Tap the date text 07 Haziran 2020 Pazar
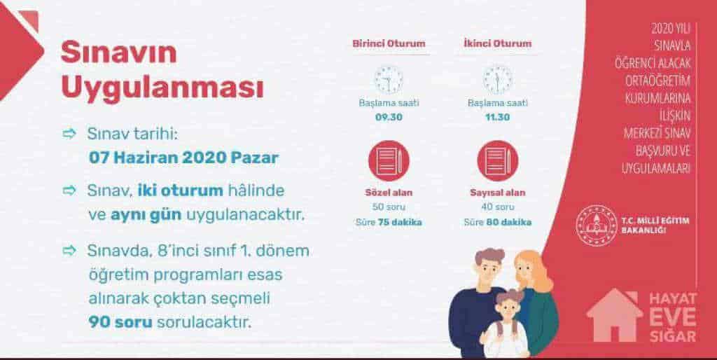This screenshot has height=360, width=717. (184, 158)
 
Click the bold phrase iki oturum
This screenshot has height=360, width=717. (181, 191)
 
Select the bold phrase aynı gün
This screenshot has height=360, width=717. (146, 215)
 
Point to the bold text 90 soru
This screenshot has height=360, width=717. (120, 322)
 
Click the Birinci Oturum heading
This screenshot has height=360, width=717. (389, 44)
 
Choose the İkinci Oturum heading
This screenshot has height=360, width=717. (498, 44)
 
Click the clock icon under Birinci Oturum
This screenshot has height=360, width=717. (389, 80)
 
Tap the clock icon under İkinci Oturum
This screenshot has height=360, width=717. (498, 80)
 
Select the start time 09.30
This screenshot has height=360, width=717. (389, 117)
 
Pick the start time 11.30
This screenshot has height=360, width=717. (498, 117)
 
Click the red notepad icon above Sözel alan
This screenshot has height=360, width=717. (389, 160)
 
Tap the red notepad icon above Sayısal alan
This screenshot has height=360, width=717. (498, 160)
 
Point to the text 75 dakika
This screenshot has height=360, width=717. (400, 223)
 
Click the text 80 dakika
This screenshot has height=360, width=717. (509, 223)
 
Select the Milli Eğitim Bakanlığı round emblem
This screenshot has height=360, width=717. (597, 226)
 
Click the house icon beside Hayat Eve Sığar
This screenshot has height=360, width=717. (614, 315)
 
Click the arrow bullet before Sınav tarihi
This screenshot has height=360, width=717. (69, 134)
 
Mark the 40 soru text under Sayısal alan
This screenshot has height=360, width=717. (498, 207)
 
